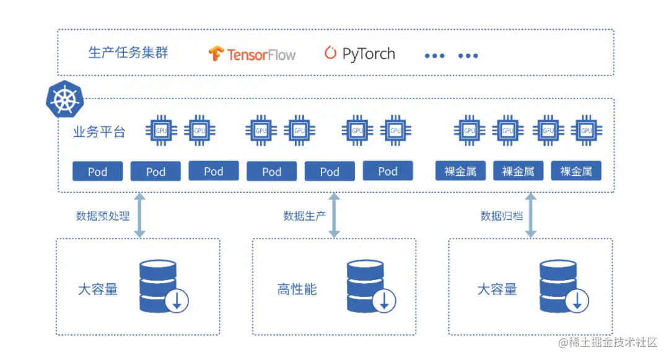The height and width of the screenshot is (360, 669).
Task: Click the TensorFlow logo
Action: pos(251,55)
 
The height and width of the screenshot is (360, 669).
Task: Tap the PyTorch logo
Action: pos(359,54)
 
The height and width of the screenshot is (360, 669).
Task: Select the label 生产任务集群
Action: pos(128,53)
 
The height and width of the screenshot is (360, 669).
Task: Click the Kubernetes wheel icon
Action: pos(63,99)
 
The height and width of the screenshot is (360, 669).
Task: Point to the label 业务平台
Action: pos(99,131)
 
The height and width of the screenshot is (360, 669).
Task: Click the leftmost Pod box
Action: pos(97,171)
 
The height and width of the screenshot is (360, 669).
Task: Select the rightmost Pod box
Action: pos(388,171)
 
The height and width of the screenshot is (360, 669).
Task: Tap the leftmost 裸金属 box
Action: pos(460,171)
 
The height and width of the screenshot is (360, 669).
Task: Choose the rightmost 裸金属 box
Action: pos(576,171)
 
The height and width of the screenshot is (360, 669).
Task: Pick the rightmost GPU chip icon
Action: pos(585,130)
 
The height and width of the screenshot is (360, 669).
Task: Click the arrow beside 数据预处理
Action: pos(140,215)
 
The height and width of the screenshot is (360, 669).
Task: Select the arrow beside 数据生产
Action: pos(334,215)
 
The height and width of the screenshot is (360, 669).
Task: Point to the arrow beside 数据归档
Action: pos(530,215)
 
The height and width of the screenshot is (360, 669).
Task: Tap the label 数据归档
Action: pos(501,216)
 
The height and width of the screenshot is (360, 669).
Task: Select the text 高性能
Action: pos(297,289)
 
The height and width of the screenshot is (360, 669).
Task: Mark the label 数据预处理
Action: pos(103,216)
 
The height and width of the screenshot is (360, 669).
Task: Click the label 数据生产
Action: pos(304,216)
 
